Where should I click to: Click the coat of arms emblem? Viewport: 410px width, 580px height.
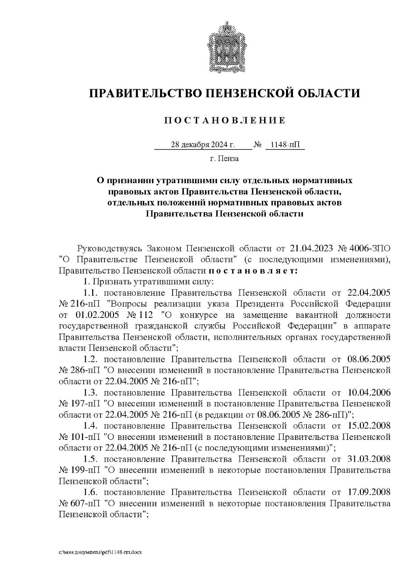tap(224, 47)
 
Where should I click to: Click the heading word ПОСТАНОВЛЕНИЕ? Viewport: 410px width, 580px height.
tap(224, 121)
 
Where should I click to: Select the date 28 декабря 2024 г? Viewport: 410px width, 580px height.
tap(203, 145)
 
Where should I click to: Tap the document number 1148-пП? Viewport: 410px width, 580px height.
tap(284, 145)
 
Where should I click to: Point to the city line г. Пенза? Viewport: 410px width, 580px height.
tap(224, 159)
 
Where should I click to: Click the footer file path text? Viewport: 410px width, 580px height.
tap(100, 552)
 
